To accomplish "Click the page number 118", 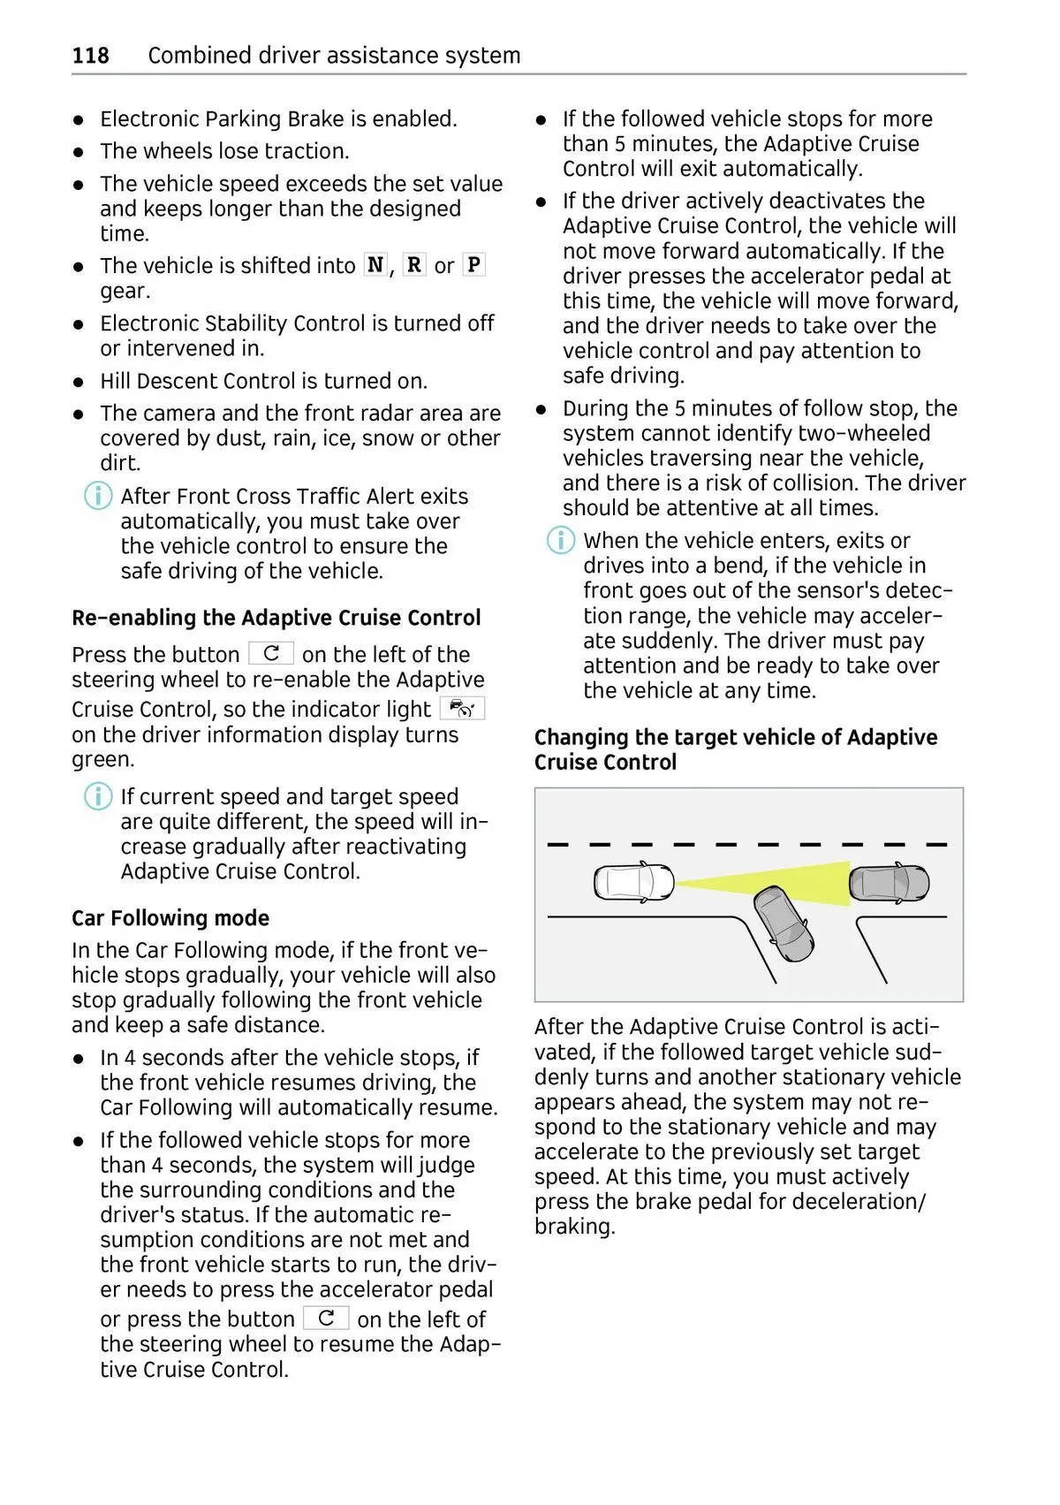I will tap(90, 56).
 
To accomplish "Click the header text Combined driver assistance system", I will tap(334, 56).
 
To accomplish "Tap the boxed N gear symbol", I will tap(375, 265).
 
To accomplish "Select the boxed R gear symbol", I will tap(413, 265).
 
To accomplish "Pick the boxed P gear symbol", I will tap(473, 265).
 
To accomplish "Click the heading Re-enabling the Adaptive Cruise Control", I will tap(276, 618).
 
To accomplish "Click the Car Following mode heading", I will tap(170, 918).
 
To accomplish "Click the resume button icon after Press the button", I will tap(271, 654).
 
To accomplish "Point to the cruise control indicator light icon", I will tap(462, 709).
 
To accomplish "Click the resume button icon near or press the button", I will tap(326, 1319).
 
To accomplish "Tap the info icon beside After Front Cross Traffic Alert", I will tap(97, 496).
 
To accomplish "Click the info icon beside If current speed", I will tap(97, 796).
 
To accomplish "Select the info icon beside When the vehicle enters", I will tap(560, 540).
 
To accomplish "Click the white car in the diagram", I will tap(633, 882).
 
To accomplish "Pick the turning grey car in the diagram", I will tap(784, 924).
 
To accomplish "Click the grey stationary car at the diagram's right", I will tap(890, 882).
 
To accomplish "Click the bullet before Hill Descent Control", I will tap(79, 382).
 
